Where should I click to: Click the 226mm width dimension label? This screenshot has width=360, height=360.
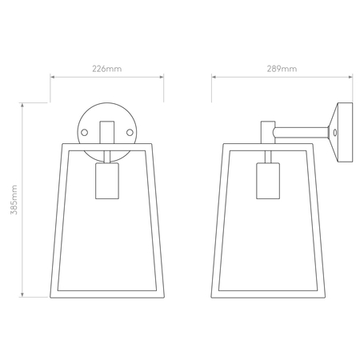click(x=107, y=69)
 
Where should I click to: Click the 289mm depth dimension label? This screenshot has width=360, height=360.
click(x=282, y=69)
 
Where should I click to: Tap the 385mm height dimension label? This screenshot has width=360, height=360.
click(x=14, y=199)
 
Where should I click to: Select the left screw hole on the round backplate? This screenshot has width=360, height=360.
click(x=84, y=132)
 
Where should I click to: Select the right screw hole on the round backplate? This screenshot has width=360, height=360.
click(x=130, y=132)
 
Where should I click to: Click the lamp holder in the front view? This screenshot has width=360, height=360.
click(x=107, y=181)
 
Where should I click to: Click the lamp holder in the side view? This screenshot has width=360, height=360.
click(x=268, y=181)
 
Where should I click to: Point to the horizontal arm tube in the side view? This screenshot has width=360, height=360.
click(x=301, y=133)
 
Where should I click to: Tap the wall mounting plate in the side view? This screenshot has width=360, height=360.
click(x=341, y=132)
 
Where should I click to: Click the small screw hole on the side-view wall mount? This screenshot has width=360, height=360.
click(x=335, y=133)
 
